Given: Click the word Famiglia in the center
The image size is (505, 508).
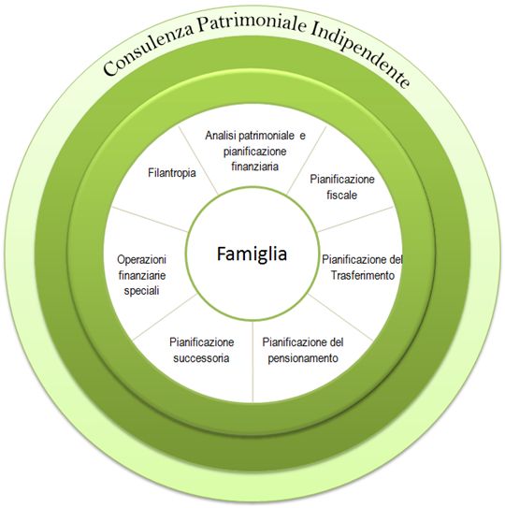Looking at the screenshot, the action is [252, 254].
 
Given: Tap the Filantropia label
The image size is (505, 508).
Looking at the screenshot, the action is [172, 173].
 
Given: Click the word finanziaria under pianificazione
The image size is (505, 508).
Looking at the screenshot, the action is [255, 167].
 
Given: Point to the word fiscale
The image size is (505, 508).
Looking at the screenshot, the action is [341, 195].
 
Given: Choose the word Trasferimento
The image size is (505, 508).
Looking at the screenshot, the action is [363, 275].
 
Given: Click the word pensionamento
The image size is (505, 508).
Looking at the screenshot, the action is [303, 358].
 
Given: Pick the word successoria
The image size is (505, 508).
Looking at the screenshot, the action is [201, 358].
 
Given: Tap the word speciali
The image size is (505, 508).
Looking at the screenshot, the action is [141, 291].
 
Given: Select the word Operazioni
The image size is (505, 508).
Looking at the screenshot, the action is [141, 259].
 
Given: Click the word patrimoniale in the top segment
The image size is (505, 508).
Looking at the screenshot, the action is [267, 136].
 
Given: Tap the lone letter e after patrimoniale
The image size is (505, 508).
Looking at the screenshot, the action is [302, 136].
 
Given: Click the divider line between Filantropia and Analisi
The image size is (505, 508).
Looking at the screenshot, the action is [198, 160].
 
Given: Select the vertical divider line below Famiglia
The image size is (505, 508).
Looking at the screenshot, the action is [252, 361].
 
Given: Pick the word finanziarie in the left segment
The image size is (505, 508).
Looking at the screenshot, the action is [142, 275].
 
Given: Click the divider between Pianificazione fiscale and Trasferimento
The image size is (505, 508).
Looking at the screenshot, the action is [355, 219].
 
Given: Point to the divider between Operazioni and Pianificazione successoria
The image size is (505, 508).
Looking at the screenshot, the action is [165, 317].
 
